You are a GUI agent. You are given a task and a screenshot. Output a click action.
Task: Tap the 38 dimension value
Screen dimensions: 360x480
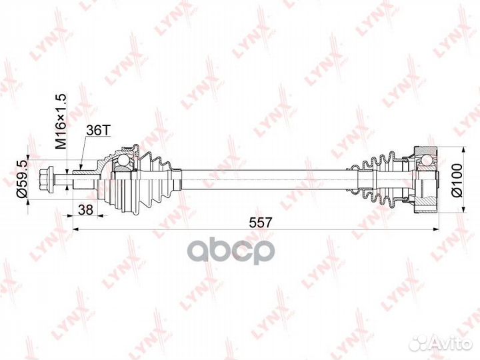point(85,209)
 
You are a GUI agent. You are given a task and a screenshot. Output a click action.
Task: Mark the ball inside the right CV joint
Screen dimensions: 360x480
point(423,161)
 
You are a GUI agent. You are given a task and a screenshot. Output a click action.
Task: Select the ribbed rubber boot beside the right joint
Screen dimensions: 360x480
point(379,179)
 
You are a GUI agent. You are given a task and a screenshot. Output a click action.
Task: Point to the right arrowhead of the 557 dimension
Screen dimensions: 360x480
point(437,229)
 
